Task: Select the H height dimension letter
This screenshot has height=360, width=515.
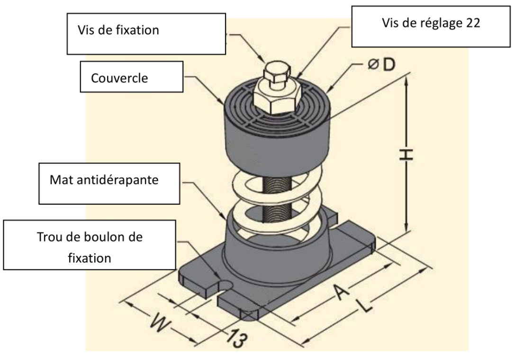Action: point(406,156)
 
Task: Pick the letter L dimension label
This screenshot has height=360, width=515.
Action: point(363,310)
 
